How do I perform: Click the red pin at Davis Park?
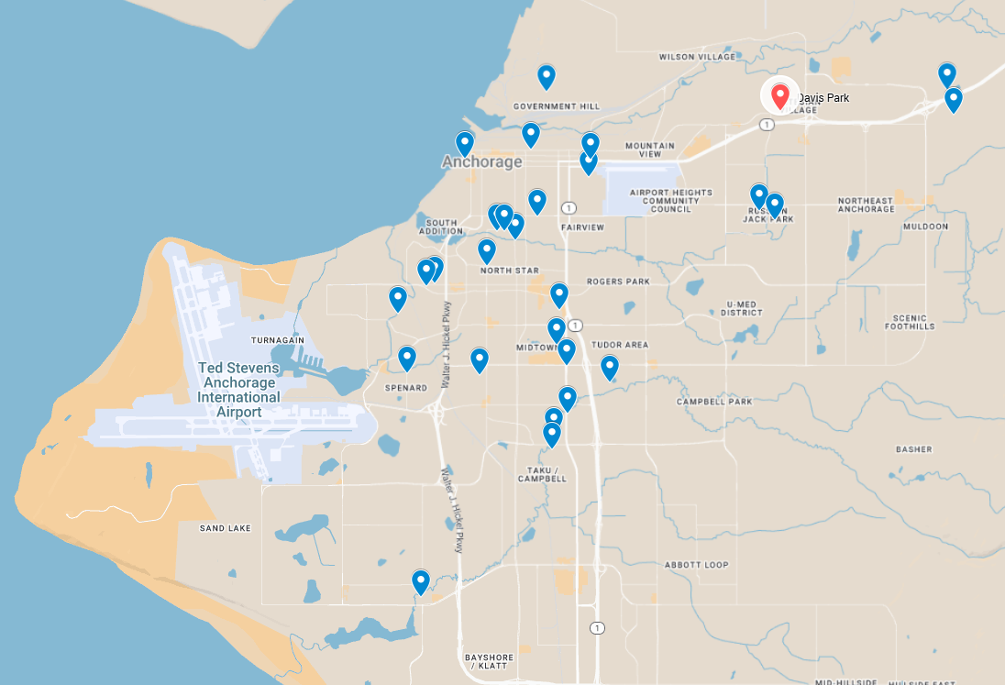click(x=780, y=95)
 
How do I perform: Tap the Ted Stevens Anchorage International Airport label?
click(x=239, y=391)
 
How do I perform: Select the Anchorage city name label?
click(x=481, y=162)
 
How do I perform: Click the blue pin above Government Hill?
click(x=547, y=76)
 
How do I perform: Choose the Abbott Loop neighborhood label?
click(x=696, y=565)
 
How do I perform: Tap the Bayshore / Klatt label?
click(x=489, y=662)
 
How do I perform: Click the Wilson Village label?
click(x=697, y=57)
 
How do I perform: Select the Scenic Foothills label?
click(x=911, y=322)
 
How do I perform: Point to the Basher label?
click(x=913, y=449)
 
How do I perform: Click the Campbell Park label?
click(x=714, y=402)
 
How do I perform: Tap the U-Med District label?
click(x=742, y=308)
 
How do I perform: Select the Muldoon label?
click(x=925, y=226)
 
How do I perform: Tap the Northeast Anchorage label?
click(x=866, y=204)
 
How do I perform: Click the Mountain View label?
click(x=649, y=149)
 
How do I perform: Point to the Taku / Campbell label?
click(x=541, y=473)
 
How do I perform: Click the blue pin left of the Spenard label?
click(x=407, y=359)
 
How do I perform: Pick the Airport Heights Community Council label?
click(x=665, y=200)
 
